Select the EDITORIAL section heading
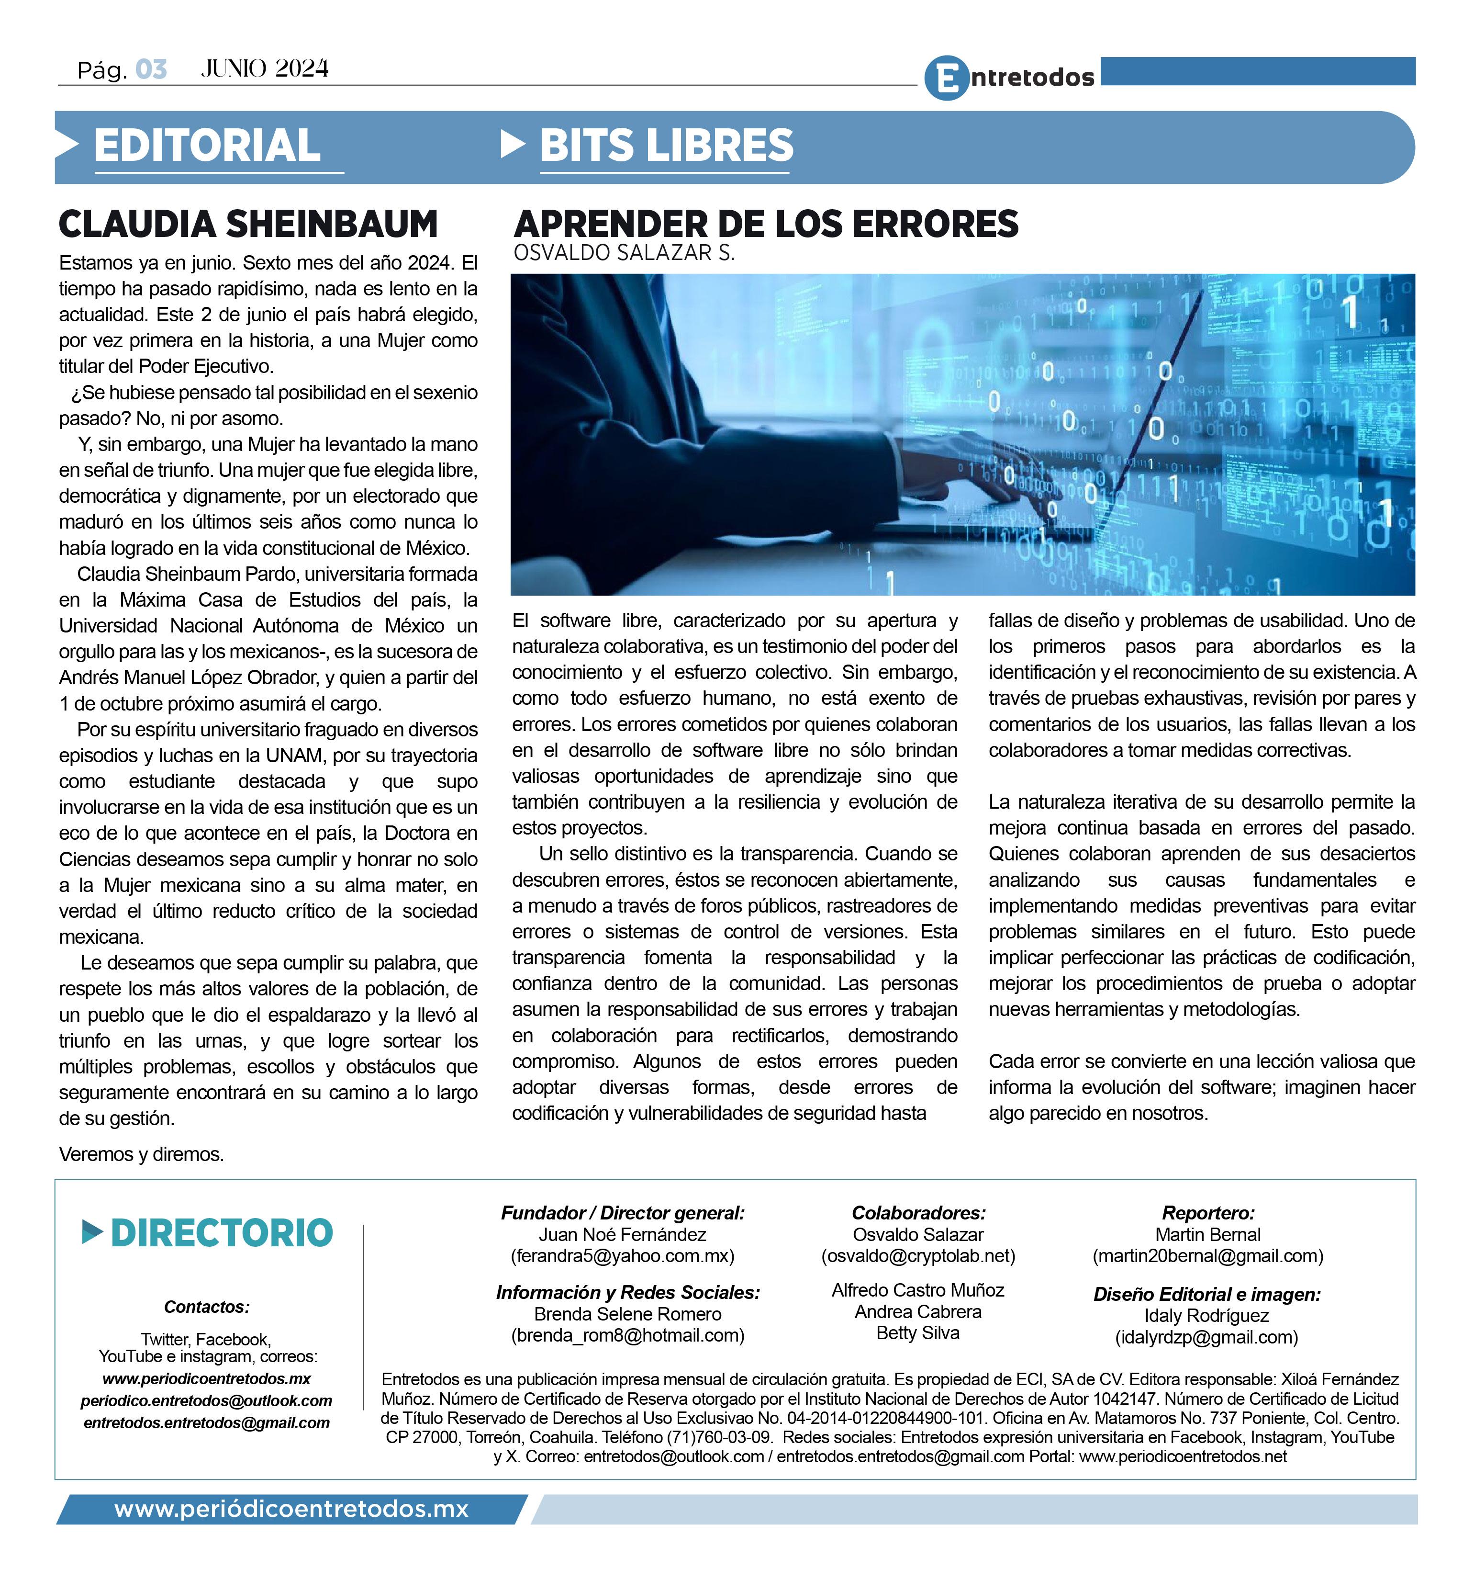(207, 146)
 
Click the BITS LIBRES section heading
(666, 146)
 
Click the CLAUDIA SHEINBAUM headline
(248, 224)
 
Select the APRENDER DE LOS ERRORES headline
(765, 224)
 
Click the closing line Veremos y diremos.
(142, 1154)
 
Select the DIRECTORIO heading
(222, 1233)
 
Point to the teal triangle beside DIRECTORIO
(92, 1233)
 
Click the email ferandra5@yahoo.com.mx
(622, 1256)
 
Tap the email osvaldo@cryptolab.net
(918, 1256)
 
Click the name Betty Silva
(918, 1333)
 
